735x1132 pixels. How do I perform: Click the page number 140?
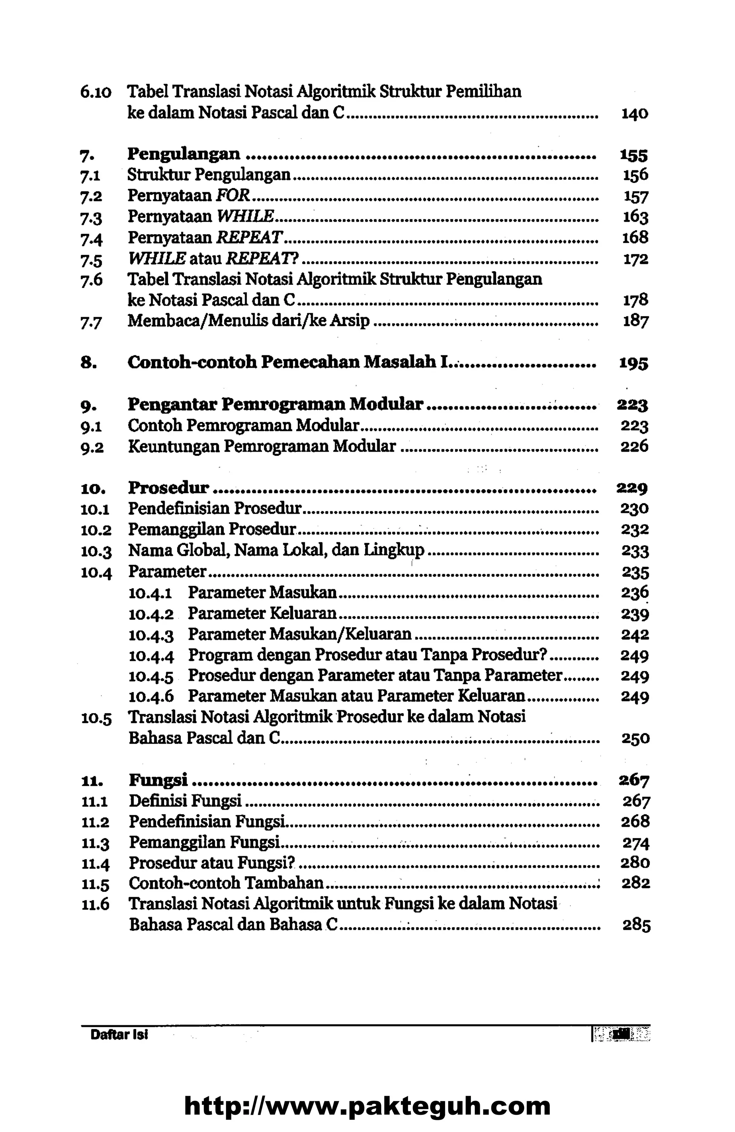click(635, 114)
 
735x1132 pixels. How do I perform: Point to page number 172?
click(636, 259)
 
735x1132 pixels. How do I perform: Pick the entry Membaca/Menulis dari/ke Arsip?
click(248, 321)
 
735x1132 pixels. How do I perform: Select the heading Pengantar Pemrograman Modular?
click(275, 404)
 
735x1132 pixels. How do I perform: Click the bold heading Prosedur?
click(169, 488)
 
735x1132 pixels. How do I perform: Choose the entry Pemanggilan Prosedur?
click(212, 529)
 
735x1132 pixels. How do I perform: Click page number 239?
click(635, 615)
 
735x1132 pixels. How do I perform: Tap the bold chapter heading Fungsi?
click(158, 780)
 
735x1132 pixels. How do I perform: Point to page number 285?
click(636, 925)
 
